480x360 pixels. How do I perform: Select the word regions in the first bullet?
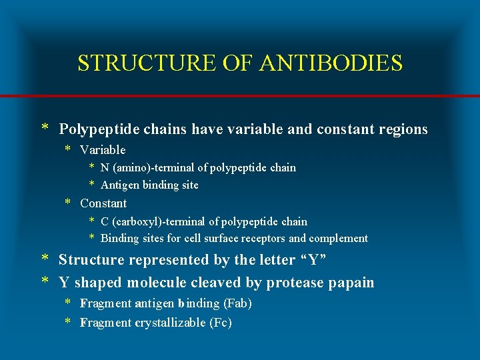[x=400, y=129]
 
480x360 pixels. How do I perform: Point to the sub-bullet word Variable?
[x=103, y=150]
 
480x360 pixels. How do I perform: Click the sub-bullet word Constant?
[x=103, y=203]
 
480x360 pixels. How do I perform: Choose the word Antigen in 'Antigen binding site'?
[x=119, y=185]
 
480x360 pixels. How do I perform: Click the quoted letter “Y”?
[x=317, y=260]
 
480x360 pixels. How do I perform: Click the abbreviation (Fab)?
[x=238, y=303]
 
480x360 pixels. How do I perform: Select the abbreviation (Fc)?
[x=221, y=323]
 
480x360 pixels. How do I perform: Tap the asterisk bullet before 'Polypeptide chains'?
[x=45, y=129]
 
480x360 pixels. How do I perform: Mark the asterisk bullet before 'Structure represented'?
[x=45, y=259]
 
